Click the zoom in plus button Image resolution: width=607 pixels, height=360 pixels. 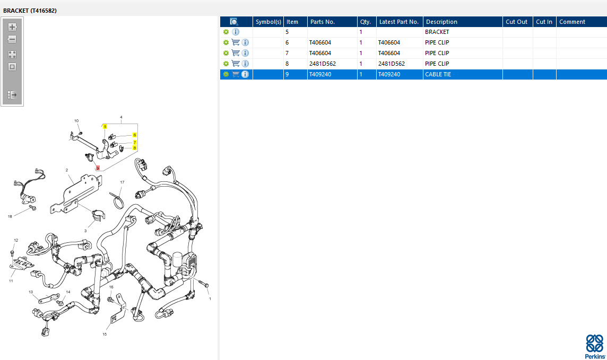(12, 27)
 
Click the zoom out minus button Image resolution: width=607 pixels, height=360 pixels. (12, 39)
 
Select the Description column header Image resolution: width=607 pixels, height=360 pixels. (441, 22)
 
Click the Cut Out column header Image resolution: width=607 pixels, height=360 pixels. (516, 22)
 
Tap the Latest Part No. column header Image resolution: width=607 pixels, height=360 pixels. (398, 22)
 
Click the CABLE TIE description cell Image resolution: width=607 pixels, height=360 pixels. (438, 74)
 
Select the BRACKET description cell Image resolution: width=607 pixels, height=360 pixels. (437, 32)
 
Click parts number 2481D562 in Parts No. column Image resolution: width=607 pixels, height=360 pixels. (322, 64)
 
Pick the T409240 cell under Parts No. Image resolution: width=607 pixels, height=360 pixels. (320, 74)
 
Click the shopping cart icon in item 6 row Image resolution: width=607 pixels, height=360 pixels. (236, 42)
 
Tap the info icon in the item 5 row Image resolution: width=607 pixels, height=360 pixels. (236, 32)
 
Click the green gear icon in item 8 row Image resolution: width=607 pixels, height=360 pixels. (226, 64)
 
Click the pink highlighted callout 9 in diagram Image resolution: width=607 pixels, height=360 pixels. (98, 168)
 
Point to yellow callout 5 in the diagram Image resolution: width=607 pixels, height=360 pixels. (105, 126)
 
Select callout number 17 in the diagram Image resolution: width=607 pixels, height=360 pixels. (123, 182)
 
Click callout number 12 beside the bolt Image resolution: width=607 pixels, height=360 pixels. (16, 240)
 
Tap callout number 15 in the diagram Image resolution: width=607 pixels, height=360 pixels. (105, 334)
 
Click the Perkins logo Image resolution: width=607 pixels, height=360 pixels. (595, 346)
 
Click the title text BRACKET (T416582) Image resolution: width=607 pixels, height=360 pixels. (30, 11)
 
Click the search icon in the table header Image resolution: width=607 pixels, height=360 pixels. (233, 22)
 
